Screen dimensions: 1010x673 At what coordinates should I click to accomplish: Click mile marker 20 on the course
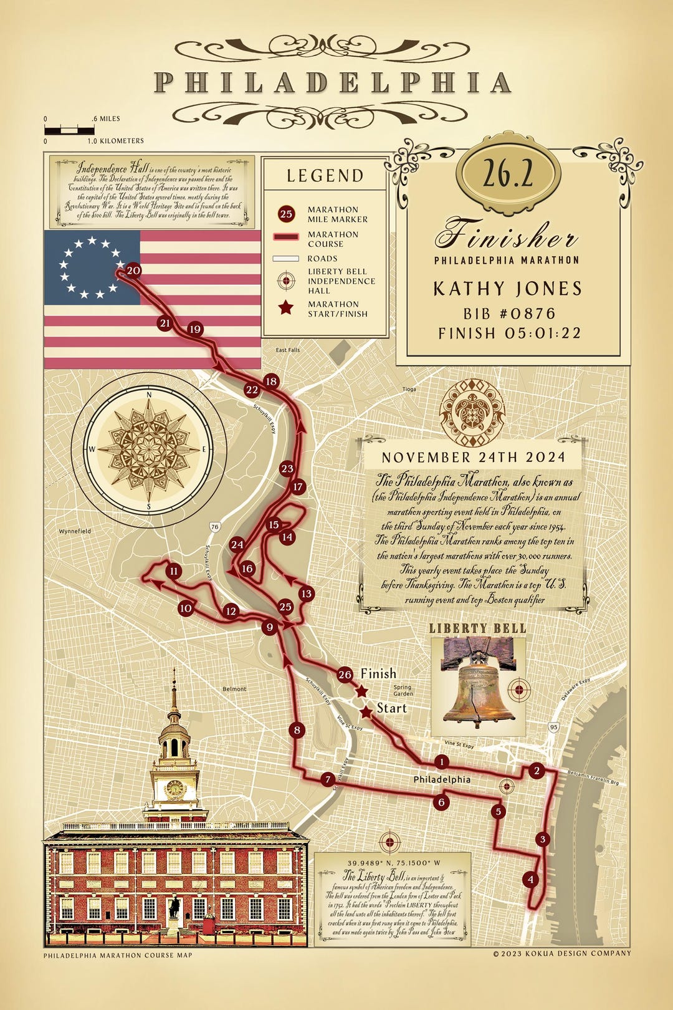coord(133,271)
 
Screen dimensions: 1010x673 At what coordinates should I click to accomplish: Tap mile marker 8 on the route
coord(297,730)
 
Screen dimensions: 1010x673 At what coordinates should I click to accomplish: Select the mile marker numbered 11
coord(174,571)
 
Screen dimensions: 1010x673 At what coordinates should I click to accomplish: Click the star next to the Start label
coord(366,711)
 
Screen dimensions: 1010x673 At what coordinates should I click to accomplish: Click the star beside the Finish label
coord(361,690)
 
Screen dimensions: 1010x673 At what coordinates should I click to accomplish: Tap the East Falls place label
coord(288,350)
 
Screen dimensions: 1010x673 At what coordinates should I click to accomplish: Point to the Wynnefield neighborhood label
coord(75,531)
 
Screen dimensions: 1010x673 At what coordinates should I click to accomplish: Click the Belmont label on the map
coord(234,689)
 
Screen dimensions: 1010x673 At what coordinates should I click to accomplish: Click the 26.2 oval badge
coord(508,175)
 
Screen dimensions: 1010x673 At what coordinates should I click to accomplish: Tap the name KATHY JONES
coord(507,288)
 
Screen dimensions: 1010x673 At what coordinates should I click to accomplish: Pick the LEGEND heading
coord(325,176)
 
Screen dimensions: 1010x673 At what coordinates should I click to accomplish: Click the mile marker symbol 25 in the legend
coord(285,214)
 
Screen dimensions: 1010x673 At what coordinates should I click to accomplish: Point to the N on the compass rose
coord(149,395)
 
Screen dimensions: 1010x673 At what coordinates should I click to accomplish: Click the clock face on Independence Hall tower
coord(174,789)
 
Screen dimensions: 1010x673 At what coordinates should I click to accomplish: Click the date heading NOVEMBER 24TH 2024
coord(473,457)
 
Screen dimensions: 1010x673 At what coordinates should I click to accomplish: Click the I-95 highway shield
coord(553,727)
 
